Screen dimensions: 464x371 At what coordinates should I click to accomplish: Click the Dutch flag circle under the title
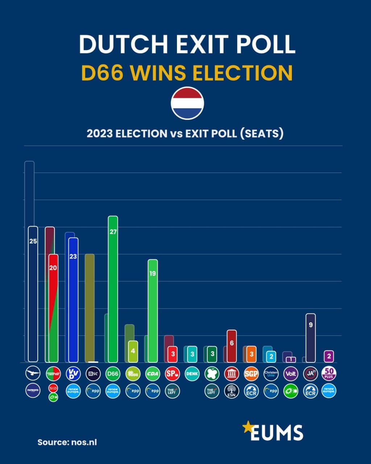(x=187, y=103)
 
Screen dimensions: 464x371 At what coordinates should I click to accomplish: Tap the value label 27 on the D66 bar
(x=113, y=232)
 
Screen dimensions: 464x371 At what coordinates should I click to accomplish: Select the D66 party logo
(x=113, y=374)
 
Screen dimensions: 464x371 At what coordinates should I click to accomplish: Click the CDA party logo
(x=152, y=374)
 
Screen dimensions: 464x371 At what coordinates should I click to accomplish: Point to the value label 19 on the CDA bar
(x=152, y=273)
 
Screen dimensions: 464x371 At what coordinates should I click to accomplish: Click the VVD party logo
(x=73, y=374)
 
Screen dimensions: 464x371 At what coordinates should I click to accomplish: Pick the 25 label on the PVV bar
(x=33, y=241)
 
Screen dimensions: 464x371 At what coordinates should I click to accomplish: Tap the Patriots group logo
(x=33, y=391)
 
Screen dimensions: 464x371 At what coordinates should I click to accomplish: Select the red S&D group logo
(x=53, y=388)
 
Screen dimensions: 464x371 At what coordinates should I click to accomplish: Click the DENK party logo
(x=192, y=374)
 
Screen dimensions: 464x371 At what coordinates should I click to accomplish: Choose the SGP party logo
(x=251, y=374)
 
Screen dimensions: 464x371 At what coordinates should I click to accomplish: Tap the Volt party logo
(x=291, y=374)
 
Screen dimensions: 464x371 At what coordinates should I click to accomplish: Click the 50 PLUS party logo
(x=329, y=373)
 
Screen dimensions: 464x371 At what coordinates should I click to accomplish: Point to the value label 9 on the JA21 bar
(x=310, y=325)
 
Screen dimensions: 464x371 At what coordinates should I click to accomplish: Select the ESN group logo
(x=231, y=391)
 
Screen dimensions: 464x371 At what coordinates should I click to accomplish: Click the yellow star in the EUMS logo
(x=248, y=427)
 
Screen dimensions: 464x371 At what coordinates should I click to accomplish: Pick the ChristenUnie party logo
(x=271, y=374)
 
